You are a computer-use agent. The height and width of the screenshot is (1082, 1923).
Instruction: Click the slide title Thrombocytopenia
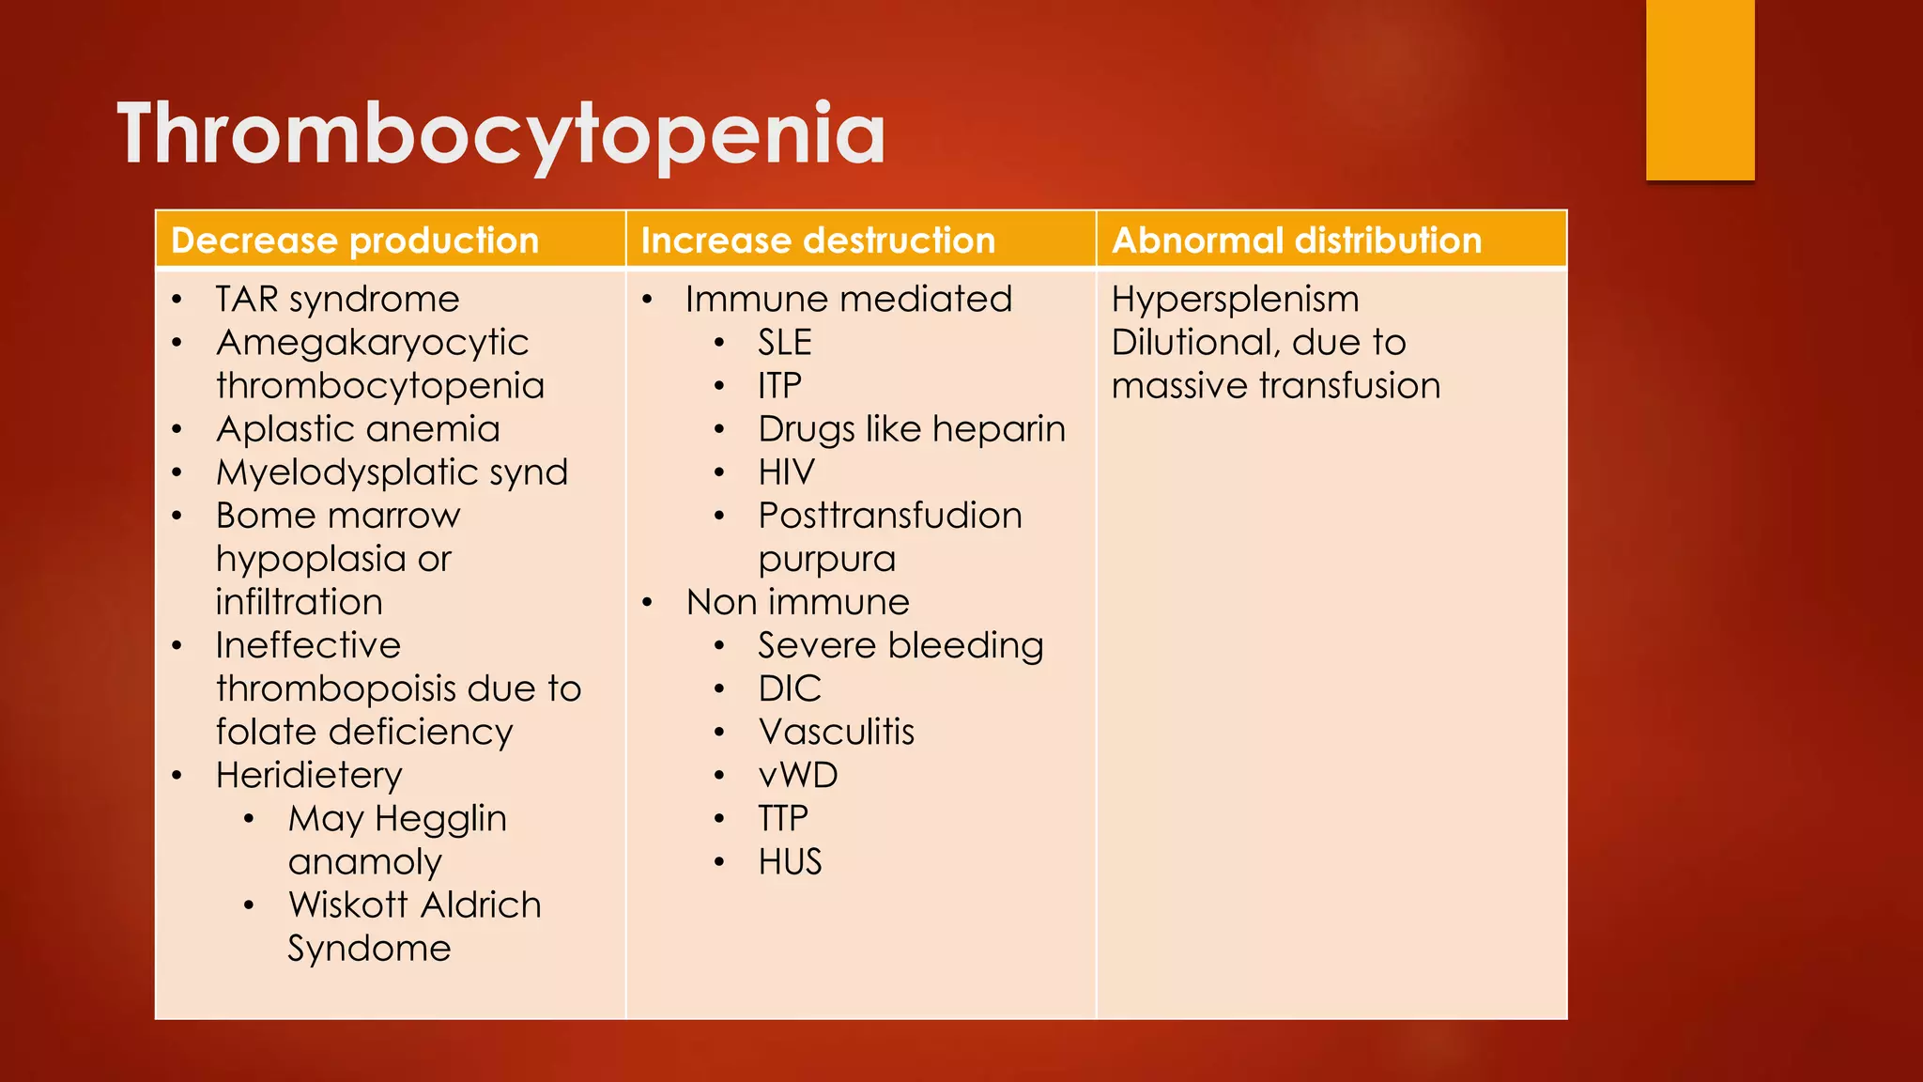500,134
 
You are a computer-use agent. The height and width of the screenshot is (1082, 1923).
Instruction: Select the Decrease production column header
355,240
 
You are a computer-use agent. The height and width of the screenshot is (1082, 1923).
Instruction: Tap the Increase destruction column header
817,240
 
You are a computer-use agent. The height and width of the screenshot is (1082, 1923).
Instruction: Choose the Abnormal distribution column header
1296,240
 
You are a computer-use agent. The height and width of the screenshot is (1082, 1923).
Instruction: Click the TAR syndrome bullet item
337,300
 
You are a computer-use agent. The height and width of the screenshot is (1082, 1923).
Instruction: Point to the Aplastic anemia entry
358,429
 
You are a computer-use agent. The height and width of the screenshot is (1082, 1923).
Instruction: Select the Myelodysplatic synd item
392,472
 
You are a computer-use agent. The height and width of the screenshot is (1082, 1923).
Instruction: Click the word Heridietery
309,776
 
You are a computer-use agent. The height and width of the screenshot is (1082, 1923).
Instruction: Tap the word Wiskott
347,905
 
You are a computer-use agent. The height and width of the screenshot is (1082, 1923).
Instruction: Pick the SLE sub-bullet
784,343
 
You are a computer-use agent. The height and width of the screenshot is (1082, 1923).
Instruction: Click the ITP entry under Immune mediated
779,386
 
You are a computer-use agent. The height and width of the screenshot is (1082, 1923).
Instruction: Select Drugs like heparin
911,429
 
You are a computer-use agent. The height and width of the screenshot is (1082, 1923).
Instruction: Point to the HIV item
786,472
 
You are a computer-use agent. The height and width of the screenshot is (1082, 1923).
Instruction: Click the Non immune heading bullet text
797,602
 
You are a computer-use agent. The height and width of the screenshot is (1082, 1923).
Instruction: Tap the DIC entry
790,689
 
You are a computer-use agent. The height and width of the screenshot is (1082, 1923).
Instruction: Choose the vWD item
797,776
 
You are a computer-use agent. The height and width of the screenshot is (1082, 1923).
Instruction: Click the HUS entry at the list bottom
790,862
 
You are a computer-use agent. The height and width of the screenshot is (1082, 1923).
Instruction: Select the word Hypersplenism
1235,300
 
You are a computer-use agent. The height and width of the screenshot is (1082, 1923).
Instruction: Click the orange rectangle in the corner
1700,89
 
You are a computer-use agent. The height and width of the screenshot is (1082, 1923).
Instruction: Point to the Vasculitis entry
836,733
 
